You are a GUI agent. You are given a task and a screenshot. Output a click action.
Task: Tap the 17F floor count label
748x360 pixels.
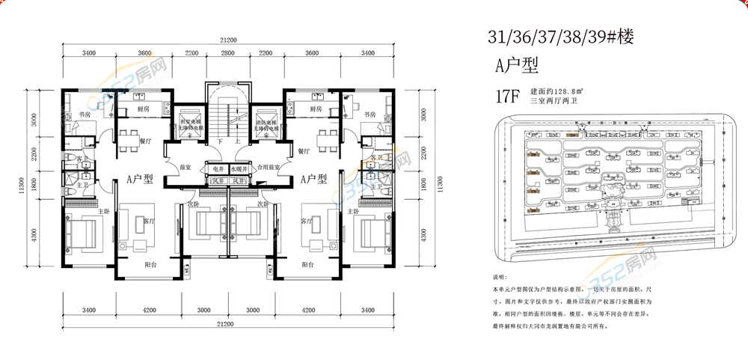[x=506, y=96]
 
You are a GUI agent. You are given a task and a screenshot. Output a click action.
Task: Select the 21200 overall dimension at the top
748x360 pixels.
[x=229, y=40]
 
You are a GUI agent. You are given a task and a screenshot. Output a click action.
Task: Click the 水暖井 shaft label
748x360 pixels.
[x=241, y=169]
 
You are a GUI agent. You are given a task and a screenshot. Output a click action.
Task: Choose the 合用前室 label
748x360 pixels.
[x=268, y=169]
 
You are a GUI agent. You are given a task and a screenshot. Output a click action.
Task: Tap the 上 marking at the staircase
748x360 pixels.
[x=236, y=141]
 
